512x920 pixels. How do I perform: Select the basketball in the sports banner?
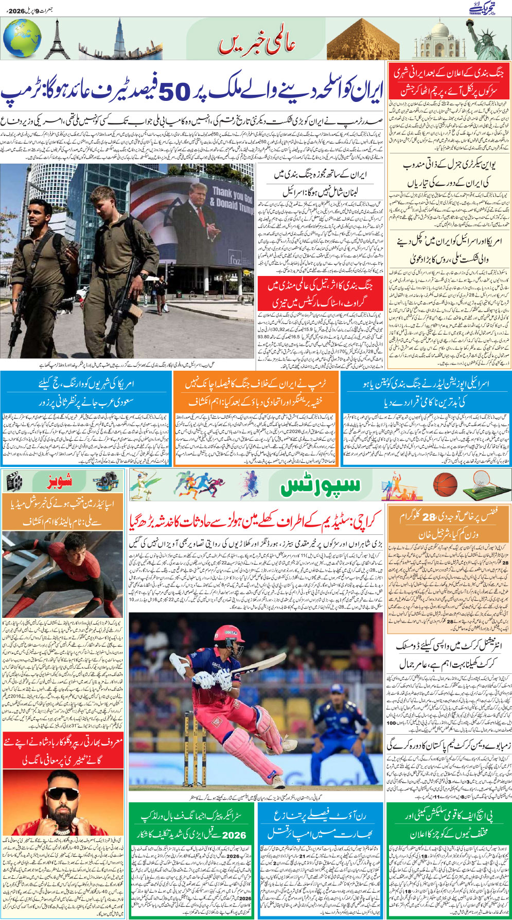tap(445, 484)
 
